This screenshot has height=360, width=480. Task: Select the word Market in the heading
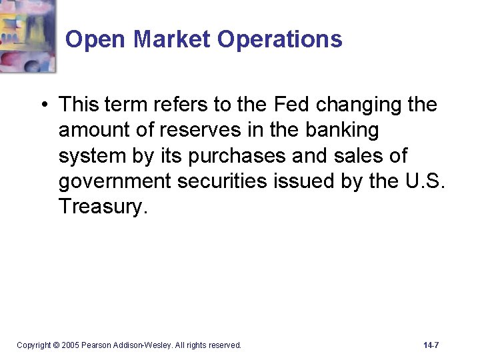tap(171, 39)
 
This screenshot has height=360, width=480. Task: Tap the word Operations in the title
tap(279, 39)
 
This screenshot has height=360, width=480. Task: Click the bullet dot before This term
tap(43, 105)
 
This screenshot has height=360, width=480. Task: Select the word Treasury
tap(101, 206)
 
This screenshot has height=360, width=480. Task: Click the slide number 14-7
tap(431, 345)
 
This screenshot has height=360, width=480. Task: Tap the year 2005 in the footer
tap(70, 345)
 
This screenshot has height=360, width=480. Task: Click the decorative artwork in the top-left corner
tap(27, 35)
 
